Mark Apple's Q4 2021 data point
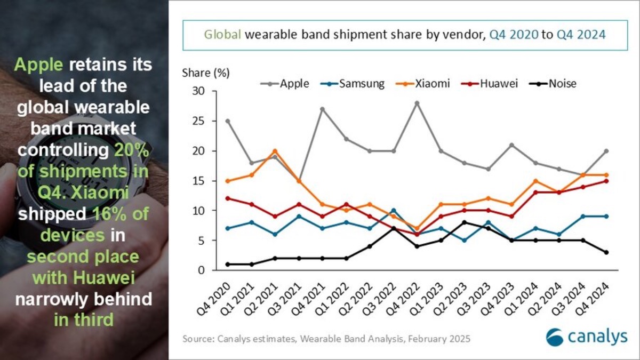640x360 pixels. point(322,109)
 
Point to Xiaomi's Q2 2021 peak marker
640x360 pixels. point(274,151)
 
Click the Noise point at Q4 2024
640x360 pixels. point(606,252)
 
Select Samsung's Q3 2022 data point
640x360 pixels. point(394,211)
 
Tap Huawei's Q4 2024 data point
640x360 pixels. point(606,181)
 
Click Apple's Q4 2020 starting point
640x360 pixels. point(228,121)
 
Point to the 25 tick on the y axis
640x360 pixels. point(198,121)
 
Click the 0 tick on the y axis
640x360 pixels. point(202,270)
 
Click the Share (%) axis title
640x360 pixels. point(202,73)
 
